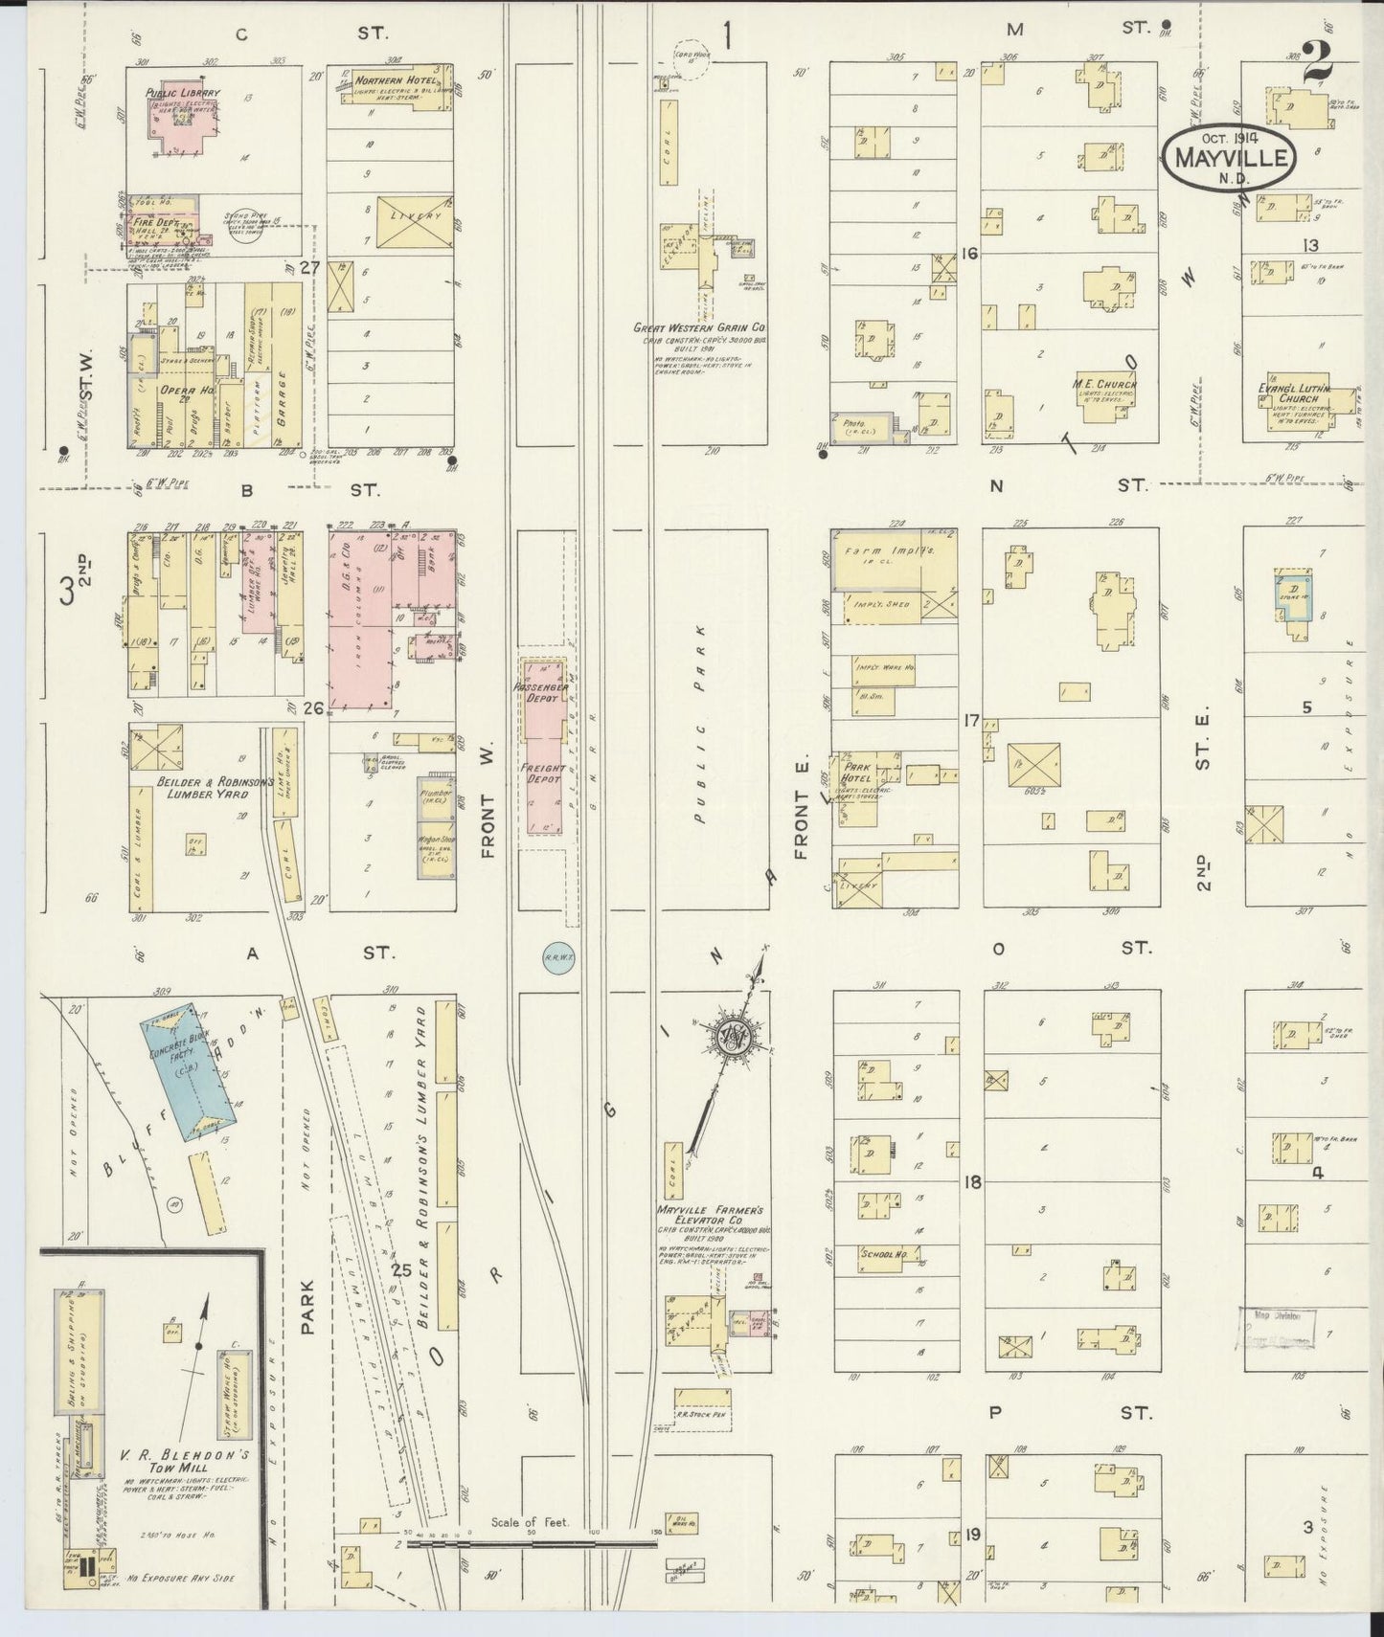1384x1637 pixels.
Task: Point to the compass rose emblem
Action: pyautogui.click(x=733, y=1038)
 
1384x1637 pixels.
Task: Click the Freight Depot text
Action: pyautogui.click(x=543, y=773)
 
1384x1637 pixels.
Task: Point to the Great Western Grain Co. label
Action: pyautogui.click(x=705, y=326)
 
